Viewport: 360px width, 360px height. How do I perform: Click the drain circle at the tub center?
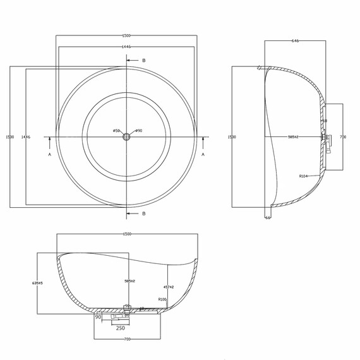point(126,136)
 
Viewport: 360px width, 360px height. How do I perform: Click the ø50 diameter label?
point(116,131)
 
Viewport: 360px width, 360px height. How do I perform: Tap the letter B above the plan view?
point(143,61)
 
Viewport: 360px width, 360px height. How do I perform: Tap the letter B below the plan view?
point(143,213)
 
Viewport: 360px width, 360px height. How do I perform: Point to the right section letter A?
point(203,153)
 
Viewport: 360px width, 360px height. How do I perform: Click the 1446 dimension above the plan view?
point(126,47)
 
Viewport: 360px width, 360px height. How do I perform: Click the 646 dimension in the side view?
point(295,40)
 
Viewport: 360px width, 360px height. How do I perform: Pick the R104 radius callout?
point(304,177)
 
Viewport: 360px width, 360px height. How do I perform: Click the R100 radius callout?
point(162,299)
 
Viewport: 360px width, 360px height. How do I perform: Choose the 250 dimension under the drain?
point(120,328)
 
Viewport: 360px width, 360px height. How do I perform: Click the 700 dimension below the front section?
point(127,339)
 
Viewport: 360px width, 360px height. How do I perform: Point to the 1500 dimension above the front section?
point(127,234)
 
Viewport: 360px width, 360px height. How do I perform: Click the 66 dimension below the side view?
point(268,218)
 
